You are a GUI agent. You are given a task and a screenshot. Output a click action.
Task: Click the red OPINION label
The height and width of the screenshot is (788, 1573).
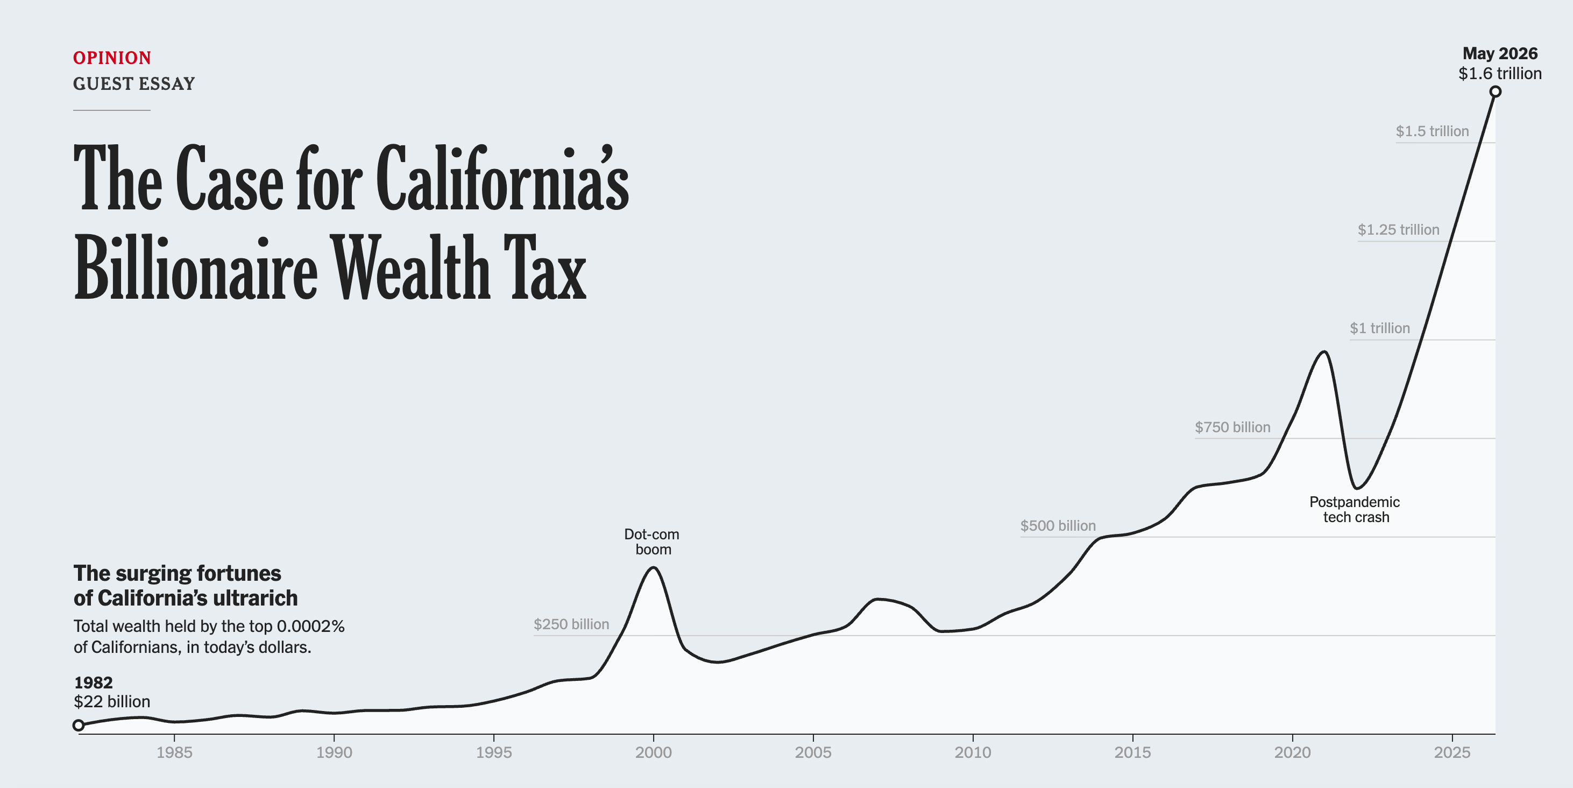112,58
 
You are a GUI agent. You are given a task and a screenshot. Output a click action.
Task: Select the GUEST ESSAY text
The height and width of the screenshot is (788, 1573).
134,83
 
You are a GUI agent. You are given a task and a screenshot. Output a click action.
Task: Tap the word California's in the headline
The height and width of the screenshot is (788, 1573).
502,178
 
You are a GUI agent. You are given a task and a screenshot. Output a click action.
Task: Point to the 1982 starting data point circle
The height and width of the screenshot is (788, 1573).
78,725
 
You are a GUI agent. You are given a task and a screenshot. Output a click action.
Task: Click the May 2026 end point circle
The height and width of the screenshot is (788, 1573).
1495,92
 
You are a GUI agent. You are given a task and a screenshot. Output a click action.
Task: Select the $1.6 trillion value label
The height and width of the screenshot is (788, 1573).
1500,73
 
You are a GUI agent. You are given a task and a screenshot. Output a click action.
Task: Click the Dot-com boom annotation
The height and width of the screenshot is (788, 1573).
652,542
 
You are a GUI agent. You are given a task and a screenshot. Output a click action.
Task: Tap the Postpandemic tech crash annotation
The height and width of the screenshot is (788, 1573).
1355,509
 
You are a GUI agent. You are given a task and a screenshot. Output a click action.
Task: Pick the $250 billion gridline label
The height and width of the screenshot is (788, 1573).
571,624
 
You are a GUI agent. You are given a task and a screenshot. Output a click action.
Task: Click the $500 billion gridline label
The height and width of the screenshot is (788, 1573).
1058,525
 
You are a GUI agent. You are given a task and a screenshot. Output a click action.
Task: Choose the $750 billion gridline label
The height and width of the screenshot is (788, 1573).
1232,427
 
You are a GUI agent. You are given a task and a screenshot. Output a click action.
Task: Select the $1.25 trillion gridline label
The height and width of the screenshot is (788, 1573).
1398,230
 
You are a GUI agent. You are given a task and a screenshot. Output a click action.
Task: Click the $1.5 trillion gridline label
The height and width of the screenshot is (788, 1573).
1432,131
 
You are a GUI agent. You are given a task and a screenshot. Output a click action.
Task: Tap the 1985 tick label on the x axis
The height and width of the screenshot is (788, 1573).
174,752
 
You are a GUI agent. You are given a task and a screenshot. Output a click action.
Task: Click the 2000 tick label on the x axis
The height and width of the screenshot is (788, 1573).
654,752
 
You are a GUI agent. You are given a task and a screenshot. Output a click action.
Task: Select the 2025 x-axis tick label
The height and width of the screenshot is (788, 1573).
1452,752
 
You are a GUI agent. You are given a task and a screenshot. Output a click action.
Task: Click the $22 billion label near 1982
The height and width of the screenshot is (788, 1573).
112,701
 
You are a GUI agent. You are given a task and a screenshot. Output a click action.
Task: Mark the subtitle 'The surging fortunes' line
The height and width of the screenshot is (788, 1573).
177,573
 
